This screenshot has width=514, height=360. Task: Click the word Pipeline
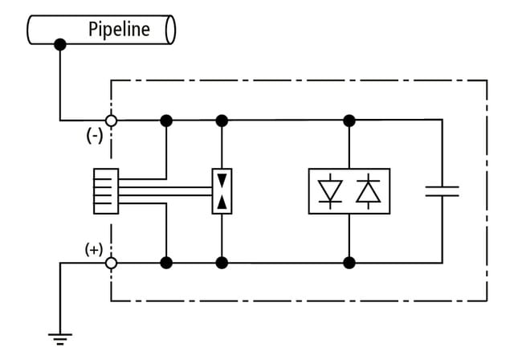(119, 30)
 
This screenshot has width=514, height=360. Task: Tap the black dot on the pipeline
(59, 45)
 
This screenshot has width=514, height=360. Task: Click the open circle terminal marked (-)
(112, 121)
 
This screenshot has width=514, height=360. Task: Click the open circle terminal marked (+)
(112, 262)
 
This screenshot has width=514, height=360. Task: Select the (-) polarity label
(94, 136)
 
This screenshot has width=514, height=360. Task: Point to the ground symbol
(59, 336)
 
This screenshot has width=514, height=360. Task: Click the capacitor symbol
(441, 191)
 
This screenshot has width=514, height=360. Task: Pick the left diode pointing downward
(330, 191)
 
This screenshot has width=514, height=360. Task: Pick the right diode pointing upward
(369, 191)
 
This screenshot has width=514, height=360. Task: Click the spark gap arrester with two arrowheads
(222, 191)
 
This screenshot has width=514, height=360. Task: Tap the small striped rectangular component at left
(106, 191)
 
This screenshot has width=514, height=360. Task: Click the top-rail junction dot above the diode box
(349, 121)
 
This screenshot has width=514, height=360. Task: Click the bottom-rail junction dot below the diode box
(349, 262)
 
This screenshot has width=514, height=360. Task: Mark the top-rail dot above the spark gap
(222, 121)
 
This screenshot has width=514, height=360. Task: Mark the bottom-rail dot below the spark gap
(222, 262)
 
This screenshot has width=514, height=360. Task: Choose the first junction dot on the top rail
(166, 121)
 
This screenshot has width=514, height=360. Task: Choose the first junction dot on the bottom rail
(166, 262)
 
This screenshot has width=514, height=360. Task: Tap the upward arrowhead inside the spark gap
(222, 202)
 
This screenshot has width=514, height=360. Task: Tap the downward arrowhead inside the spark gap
(222, 180)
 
